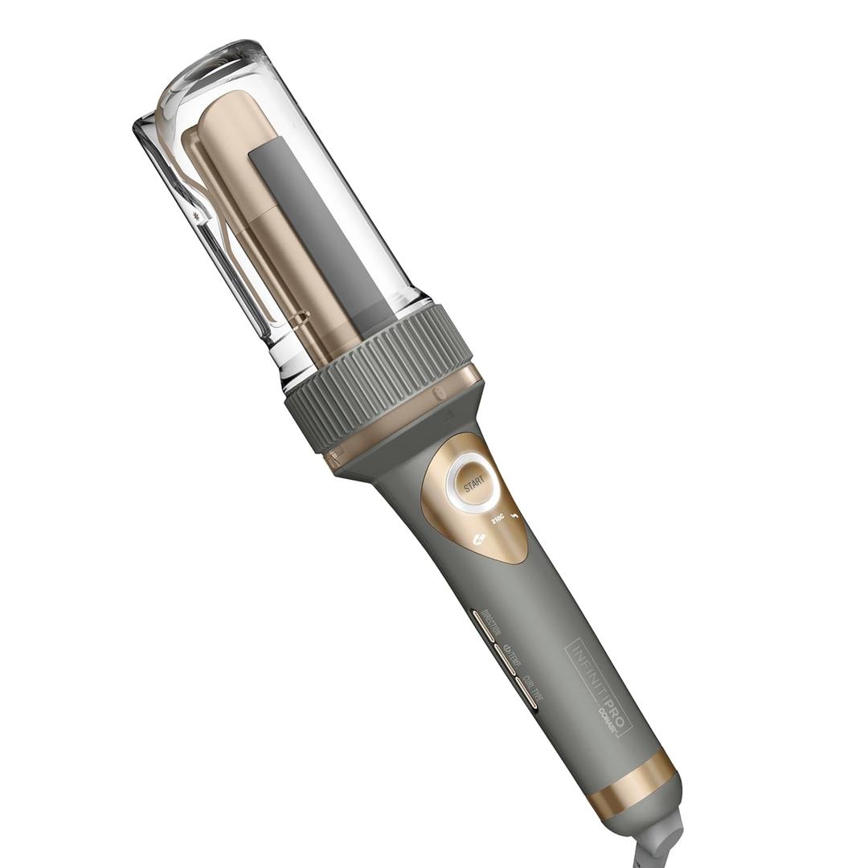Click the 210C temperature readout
click(498, 518)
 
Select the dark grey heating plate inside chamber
click(321, 233)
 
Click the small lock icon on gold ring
click(438, 395)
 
